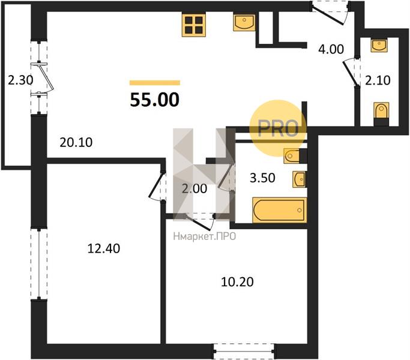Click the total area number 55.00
pyautogui.click(x=154, y=100)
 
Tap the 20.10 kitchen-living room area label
pyautogui.click(x=76, y=142)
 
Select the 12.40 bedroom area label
pyautogui.click(x=104, y=248)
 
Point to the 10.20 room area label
pyautogui.click(x=237, y=282)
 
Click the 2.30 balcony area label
pyautogui.click(x=20, y=80)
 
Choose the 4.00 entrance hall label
pyautogui.click(x=331, y=49)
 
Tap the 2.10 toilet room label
pyautogui.click(x=378, y=80)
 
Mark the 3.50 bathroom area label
pyautogui.click(x=262, y=178)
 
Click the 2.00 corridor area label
pyautogui.click(x=194, y=188)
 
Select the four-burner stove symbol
pyautogui.click(x=194, y=25)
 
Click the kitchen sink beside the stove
pyautogui.click(x=244, y=22)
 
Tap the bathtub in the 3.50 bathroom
pyautogui.click(x=280, y=210)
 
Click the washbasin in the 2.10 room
pyautogui.click(x=379, y=46)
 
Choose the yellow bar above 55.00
pyautogui.click(x=155, y=83)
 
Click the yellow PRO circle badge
pyautogui.click(x=278, y=128)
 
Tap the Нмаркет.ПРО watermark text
pyautogui.click(x=205, y=236)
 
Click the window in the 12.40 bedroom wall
pyautogui.click(x=39, y=264)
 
